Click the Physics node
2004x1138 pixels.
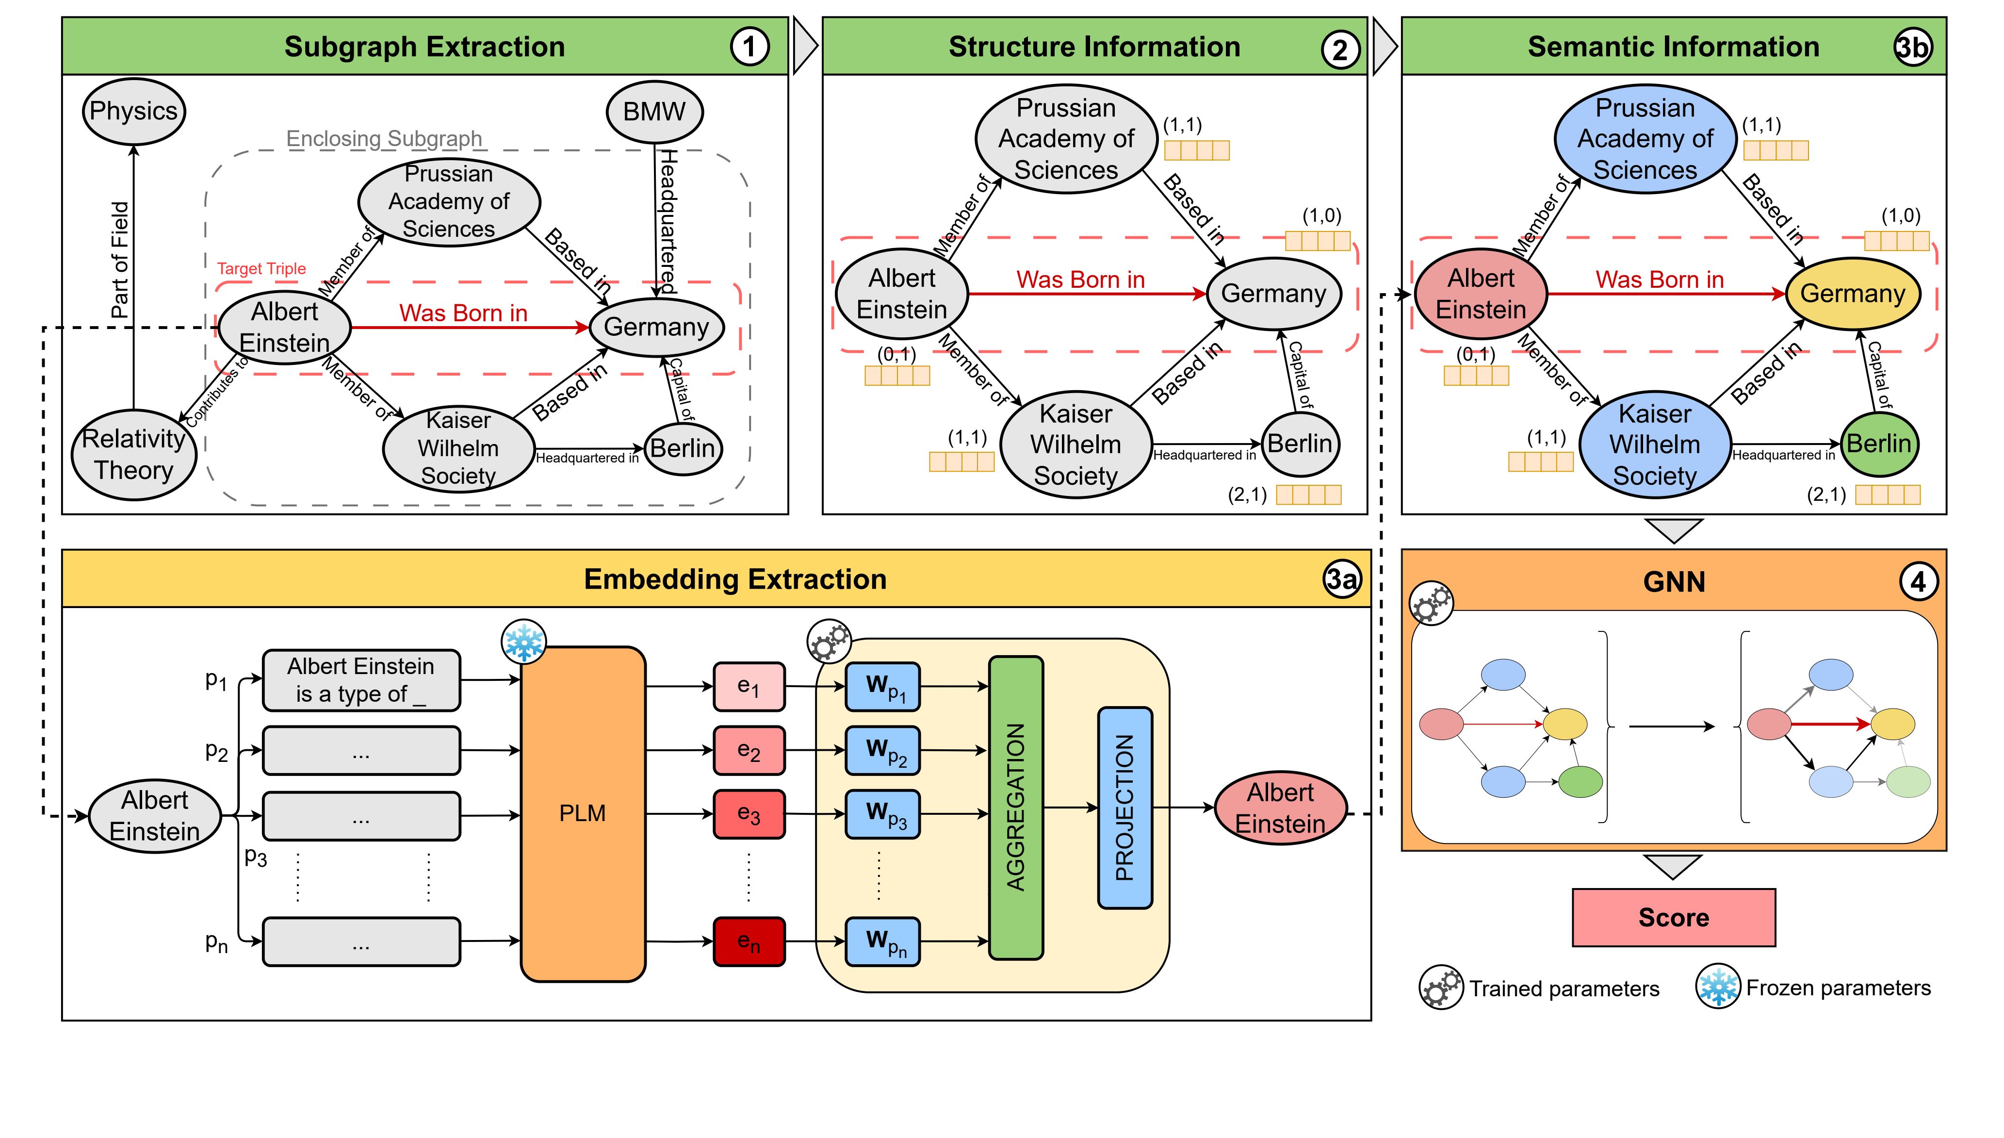pyautogui.click(x=133, y=111)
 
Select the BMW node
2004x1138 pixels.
pyautogui.click(x=654, y=112)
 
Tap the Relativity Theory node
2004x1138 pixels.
pyautogui.click(x=133, y=454)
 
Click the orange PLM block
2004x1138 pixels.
pyautogui.click(x=583, y=813)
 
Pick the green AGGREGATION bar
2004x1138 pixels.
pyautogui.click(x=1016, y=808)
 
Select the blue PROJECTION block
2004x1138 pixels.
pyautogui.click(x=1125, y=808)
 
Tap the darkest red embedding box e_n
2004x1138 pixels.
pyautogui.click(x=749, y=942)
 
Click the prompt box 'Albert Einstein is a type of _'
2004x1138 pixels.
pyautogui.click(x=361, y=680)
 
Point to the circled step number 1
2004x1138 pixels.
pyautogui.click(x=749, y=47)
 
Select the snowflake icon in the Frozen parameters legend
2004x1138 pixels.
pyautogui.click(x=1717, y=987)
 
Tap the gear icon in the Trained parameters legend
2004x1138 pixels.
pyautogui.click(x=1441, y=988)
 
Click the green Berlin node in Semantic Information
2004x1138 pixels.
pyautogui.click(x=1878, y=444)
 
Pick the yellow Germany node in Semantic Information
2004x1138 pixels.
pyautogui.click(x=1853, y=294)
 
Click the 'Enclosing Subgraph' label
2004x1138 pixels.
pyautogui.click(x=384, y=139)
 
